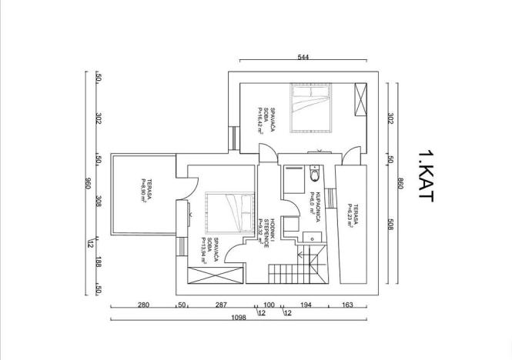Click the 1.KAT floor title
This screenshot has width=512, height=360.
[x=425, y=176]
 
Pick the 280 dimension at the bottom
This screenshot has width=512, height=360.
[x=142, y=306]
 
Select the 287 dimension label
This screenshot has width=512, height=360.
[x=220, y=306]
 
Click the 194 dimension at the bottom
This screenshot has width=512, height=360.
[x=307, y=306]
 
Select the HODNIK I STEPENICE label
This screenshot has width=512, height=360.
[x=263, y=231]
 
